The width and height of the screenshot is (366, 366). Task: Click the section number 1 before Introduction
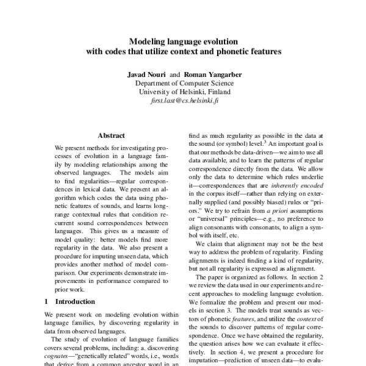pyautogui.click(x=48, y=301)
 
